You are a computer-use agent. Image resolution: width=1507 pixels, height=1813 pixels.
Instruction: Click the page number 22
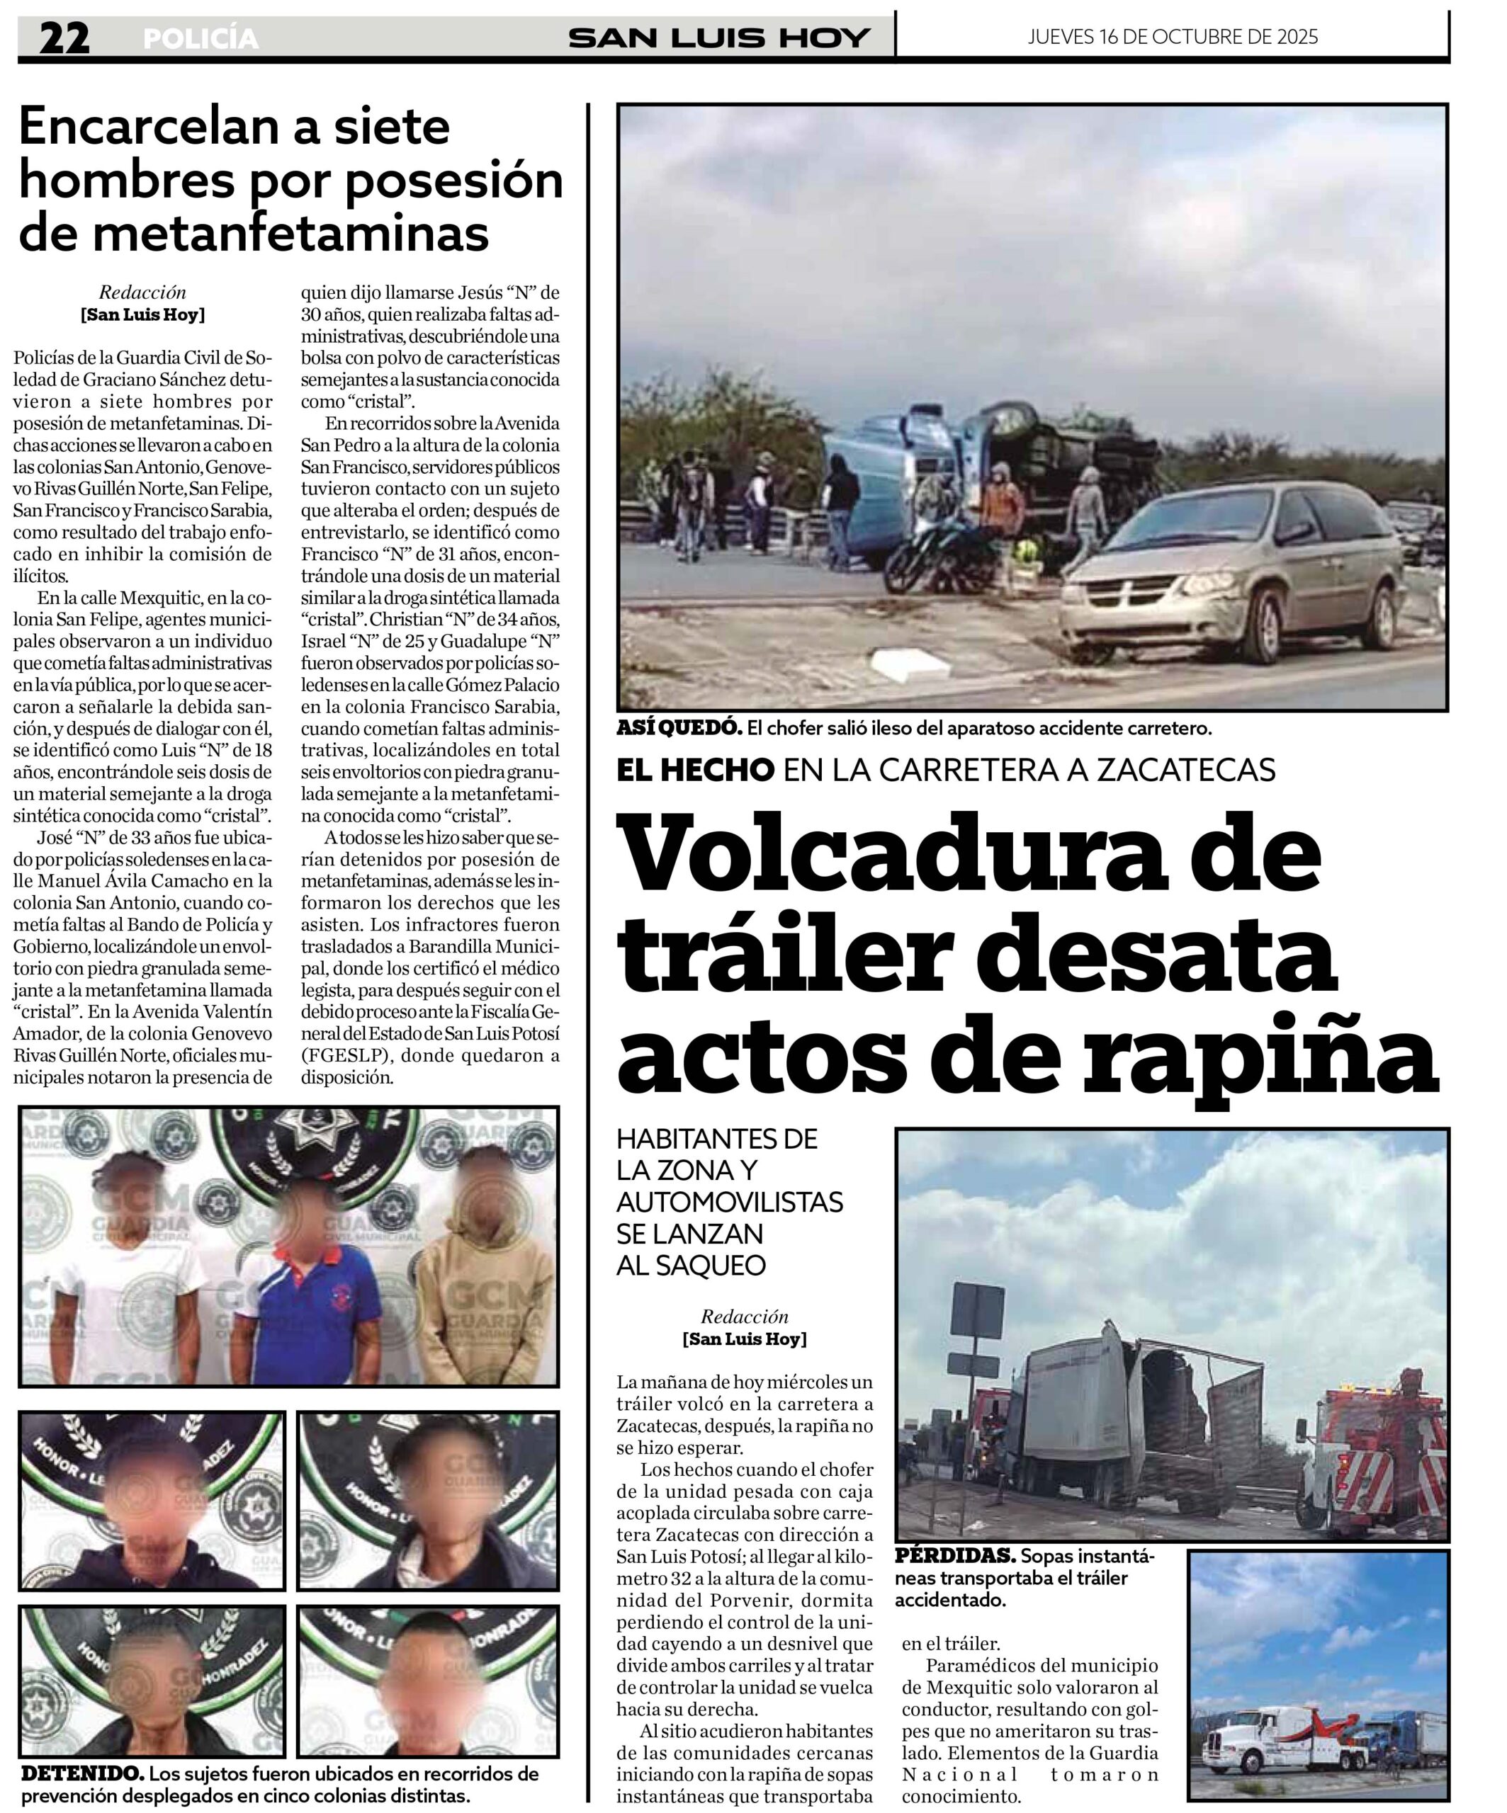(64, 39)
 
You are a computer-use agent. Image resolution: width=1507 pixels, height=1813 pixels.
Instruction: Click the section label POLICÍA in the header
(201, 39)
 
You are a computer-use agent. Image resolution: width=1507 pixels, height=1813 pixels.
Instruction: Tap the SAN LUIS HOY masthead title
(718, 38)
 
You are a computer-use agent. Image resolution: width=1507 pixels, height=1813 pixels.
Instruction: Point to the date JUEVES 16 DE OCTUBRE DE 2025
(1172, 36)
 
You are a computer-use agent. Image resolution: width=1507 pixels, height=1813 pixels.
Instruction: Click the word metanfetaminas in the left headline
(254, 232)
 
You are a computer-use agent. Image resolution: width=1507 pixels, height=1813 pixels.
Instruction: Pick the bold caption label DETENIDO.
(82, 1774)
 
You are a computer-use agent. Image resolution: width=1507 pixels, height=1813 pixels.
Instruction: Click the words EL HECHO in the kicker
(695, 770)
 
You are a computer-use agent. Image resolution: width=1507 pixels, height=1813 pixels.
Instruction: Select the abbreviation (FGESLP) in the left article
(343, 1055)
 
